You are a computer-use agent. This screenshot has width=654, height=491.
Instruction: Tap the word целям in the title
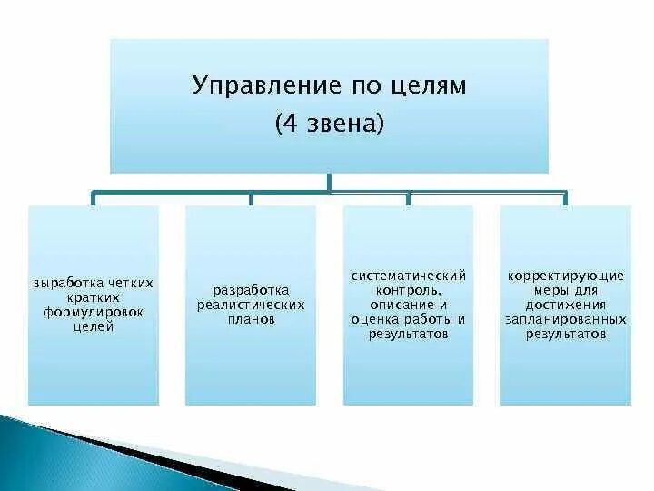tap(428, 87)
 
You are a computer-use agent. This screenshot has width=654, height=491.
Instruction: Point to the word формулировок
tap(94, 312)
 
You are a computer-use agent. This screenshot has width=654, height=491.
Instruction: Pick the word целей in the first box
tap(94, 326)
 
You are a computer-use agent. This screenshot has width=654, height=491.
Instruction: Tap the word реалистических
tap(251, 305)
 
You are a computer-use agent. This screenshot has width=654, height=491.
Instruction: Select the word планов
tap(251, 319)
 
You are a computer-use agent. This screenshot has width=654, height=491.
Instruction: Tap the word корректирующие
tap(565, 275)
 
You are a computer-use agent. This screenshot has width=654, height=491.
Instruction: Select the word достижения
tap(565, 305)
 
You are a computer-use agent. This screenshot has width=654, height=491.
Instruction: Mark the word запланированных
tap(565, 319)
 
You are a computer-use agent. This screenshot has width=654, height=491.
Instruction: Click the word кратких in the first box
tap(94, 297)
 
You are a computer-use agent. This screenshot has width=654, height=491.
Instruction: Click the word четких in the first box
tap(131, 283)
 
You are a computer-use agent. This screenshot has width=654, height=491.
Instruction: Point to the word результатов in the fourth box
tap(565, 334)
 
